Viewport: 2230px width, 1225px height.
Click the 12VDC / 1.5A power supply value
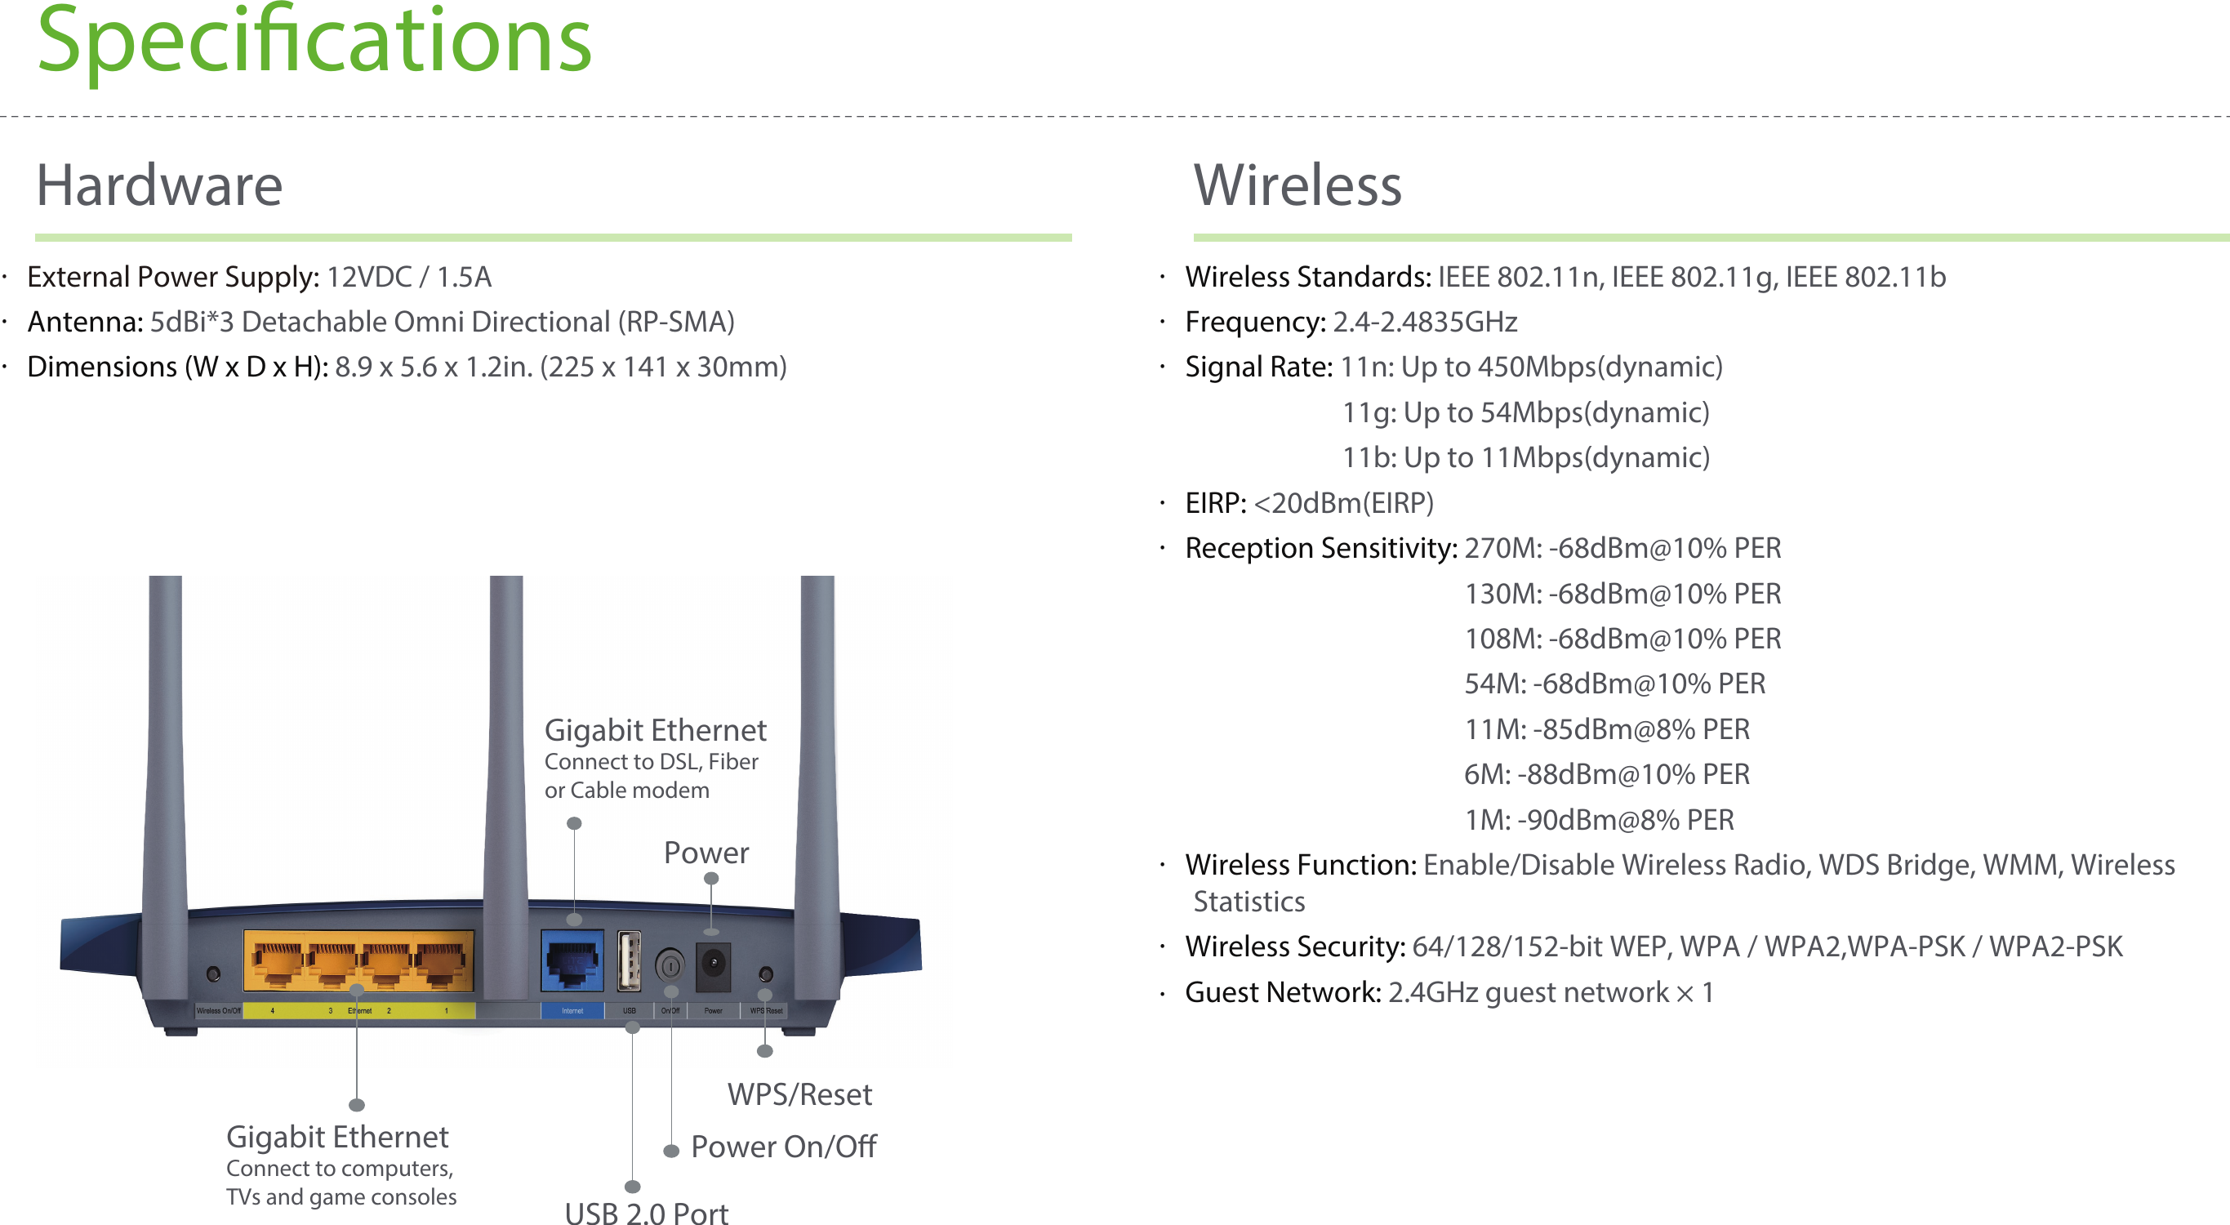(x=408, y=277)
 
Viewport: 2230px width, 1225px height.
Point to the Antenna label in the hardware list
(x=85, y=322)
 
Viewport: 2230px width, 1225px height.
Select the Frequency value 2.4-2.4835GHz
(x=1424, y=322)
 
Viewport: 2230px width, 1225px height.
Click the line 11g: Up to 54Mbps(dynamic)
(x=1525, y=413)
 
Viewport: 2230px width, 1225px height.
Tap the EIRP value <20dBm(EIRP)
(x=1343, y=503)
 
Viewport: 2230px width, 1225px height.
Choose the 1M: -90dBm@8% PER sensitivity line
(x=1598, y=820)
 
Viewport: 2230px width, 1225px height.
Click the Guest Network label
(x=1282, y=992)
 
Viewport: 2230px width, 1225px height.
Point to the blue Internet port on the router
(x=572, y=961)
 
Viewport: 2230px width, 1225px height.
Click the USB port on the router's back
(x=630, y=961)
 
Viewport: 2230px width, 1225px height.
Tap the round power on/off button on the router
(x=670, y=964)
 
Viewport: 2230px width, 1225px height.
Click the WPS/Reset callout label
(x=799, y=1095)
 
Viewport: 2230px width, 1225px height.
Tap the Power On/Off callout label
(x=783, y=1147)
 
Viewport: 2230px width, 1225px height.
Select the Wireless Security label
(x=1294, y=947)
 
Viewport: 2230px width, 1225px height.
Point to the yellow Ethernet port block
(x=358, y=961)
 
